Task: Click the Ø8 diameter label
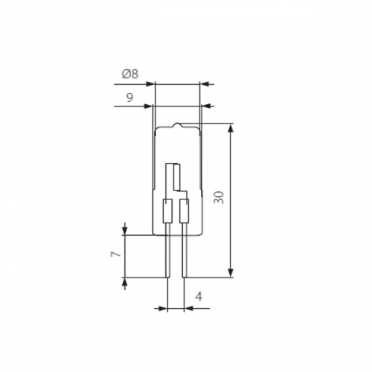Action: tap(130, 74)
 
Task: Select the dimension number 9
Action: tap(129, 97)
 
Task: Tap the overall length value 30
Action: tap(219, 197)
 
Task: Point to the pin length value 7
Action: tap(115, 254)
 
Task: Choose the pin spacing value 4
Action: tap(199, 296)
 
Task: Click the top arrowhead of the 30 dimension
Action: tap(231, 129)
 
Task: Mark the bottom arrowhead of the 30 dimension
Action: tap(231, 272)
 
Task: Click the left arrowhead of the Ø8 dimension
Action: tap(150, 84)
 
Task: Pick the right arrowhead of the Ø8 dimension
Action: tap(205, 84)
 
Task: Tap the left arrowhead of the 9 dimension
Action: tap(148, 106)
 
